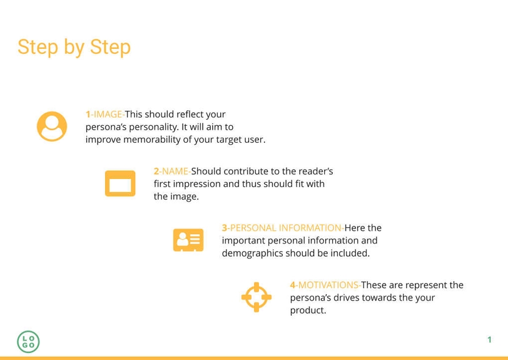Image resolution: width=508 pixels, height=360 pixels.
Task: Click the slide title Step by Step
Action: pyautogui.click(x=74, y=47)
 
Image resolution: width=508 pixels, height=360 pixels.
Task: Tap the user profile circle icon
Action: pyautogui.click(x=52, y=126)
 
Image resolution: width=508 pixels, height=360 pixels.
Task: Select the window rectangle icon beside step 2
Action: pyautogui.click(x=119, y=183)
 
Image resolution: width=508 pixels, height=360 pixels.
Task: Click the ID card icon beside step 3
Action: pyautogui.click(x=188, y=240)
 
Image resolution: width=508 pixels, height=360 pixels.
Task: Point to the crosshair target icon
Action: pyautogui.click(x=257, y=297)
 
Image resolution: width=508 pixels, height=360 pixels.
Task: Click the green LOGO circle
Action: pyautogui.click(x=28, y=341)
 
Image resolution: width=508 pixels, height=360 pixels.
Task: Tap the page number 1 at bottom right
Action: pyautogui.click(x=489, y=340)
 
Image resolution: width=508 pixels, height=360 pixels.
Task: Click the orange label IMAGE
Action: pyautogui.click(x=108, y=115)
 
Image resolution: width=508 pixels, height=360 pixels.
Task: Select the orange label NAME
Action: pyautogui.click(x=175, y=172)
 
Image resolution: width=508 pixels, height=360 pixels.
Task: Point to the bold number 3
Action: pyautogui.click(x=225, y=228)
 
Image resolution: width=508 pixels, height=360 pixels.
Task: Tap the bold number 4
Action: pyautogui.click(x=292, y=285)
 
